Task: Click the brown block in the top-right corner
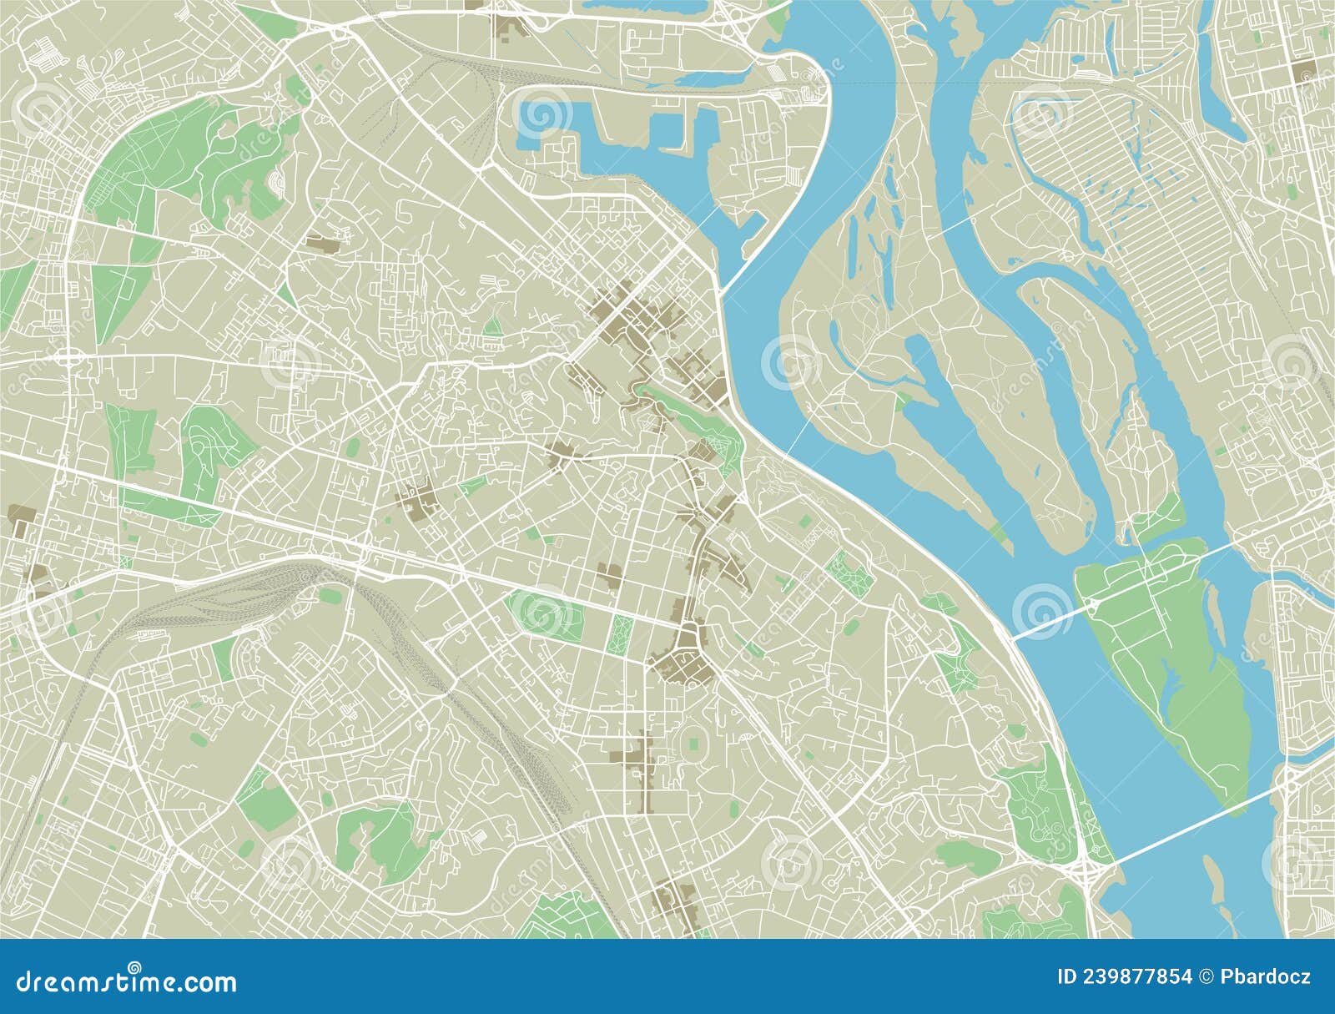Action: (1305, 72)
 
